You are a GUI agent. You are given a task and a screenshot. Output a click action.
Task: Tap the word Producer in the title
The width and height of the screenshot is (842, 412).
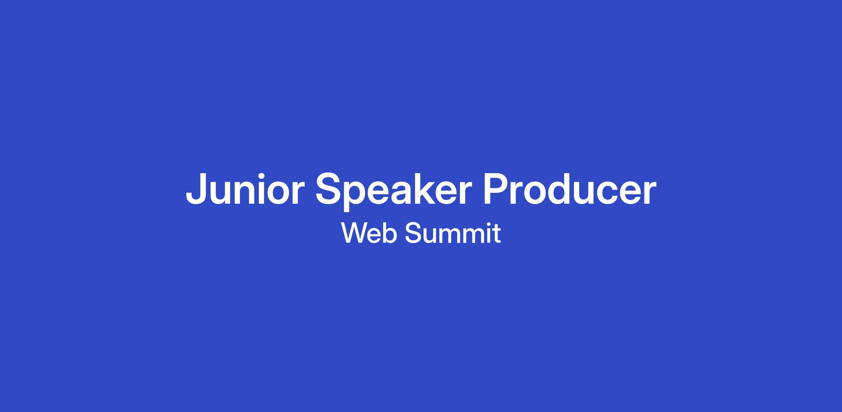pos(569,189)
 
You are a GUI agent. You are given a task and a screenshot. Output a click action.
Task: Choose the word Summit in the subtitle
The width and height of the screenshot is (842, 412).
pos(453,233)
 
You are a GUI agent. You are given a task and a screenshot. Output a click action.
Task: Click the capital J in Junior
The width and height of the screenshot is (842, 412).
pos(199,189)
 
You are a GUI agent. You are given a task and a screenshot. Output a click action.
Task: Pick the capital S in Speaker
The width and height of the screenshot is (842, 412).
pos(329,189)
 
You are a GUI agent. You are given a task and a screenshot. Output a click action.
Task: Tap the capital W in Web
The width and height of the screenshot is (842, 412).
pos(355,233)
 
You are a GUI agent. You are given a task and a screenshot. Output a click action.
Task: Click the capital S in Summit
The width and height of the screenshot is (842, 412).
pos(413,233)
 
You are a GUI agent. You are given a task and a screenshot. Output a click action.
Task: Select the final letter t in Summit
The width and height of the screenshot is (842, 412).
pos(497,234)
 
